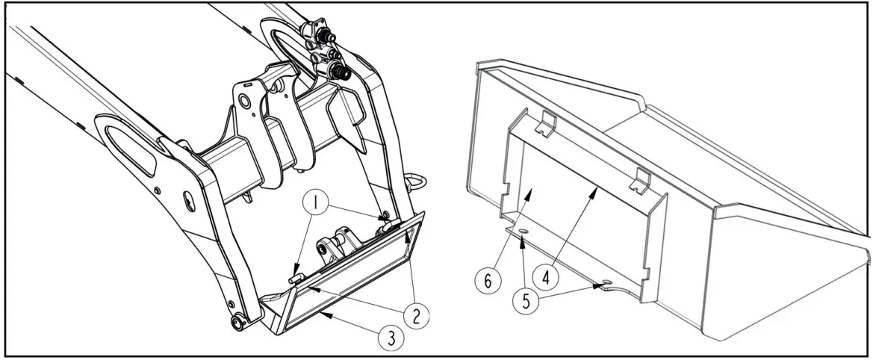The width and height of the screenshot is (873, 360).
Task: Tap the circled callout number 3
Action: tap(390, 338)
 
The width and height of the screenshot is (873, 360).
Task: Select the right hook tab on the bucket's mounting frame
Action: tap(639, 179)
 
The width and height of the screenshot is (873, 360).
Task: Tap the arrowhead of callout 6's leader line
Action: tap(530, 192)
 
